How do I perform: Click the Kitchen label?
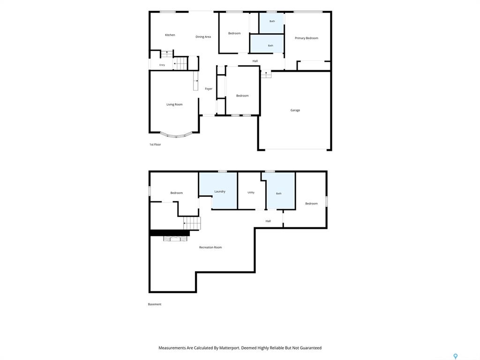coord(170,35)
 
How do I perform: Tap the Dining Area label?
coord(203,37)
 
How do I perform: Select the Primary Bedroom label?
coord(307,38)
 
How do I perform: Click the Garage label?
coord(295,110)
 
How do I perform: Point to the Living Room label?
coord(174,105)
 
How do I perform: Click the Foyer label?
coord(209,89)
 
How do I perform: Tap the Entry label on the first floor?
coord(162,65)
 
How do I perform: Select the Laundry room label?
coord(220,191)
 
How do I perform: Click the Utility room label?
coord(251,193)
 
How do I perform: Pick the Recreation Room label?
coord(210,247)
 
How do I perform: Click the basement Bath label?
coord(278,194)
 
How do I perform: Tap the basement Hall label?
coord(268,221)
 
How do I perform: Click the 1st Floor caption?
coord(155,144)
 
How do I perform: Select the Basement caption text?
coord(155,304)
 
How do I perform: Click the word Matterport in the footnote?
coord(230,348)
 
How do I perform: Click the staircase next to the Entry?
coord(180,63)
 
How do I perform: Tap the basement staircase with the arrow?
coord(192,223)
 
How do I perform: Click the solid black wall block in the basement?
coord(170,233)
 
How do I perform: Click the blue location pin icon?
coord(456,356)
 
